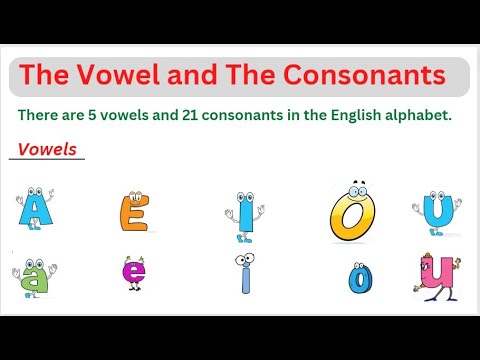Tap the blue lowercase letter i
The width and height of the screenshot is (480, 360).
click(244, 274)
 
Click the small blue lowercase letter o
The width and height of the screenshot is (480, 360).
click(358, 279)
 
